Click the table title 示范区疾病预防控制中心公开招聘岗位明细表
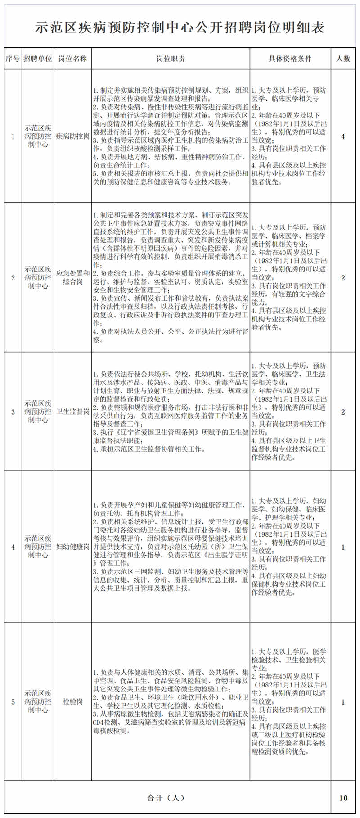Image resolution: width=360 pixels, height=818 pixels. pos(180,28)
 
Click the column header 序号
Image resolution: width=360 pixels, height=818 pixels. pos(13,59)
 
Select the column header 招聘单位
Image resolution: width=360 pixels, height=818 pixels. pos(38,59)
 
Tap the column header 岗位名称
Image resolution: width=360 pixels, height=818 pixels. pos(72,59)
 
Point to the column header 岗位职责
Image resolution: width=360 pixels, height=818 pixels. pos(171,59)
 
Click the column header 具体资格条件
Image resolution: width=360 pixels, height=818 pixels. pos(290,59)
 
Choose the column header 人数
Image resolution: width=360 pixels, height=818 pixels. pos(343,59)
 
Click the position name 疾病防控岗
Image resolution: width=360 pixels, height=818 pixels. pos(72,136)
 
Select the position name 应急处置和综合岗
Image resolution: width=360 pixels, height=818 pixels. pos(72,277)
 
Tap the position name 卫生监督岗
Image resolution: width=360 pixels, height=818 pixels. pos(72,411)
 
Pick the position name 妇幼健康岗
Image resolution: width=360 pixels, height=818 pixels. pos(72,547)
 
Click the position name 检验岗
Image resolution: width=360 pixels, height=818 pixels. pos(72,701)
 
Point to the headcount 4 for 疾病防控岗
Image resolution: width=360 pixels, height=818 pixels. pos(343,136)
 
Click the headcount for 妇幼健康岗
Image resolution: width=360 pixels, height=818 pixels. pos(343,547)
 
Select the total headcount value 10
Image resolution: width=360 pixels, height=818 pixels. pos(343,798)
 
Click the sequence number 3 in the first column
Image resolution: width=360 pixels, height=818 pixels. pos(13,411)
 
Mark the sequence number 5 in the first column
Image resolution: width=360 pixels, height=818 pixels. pos(13,701)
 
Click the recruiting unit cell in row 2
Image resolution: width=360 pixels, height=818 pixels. pos(38,277)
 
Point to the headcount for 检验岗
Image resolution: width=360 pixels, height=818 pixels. pos(343,701)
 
